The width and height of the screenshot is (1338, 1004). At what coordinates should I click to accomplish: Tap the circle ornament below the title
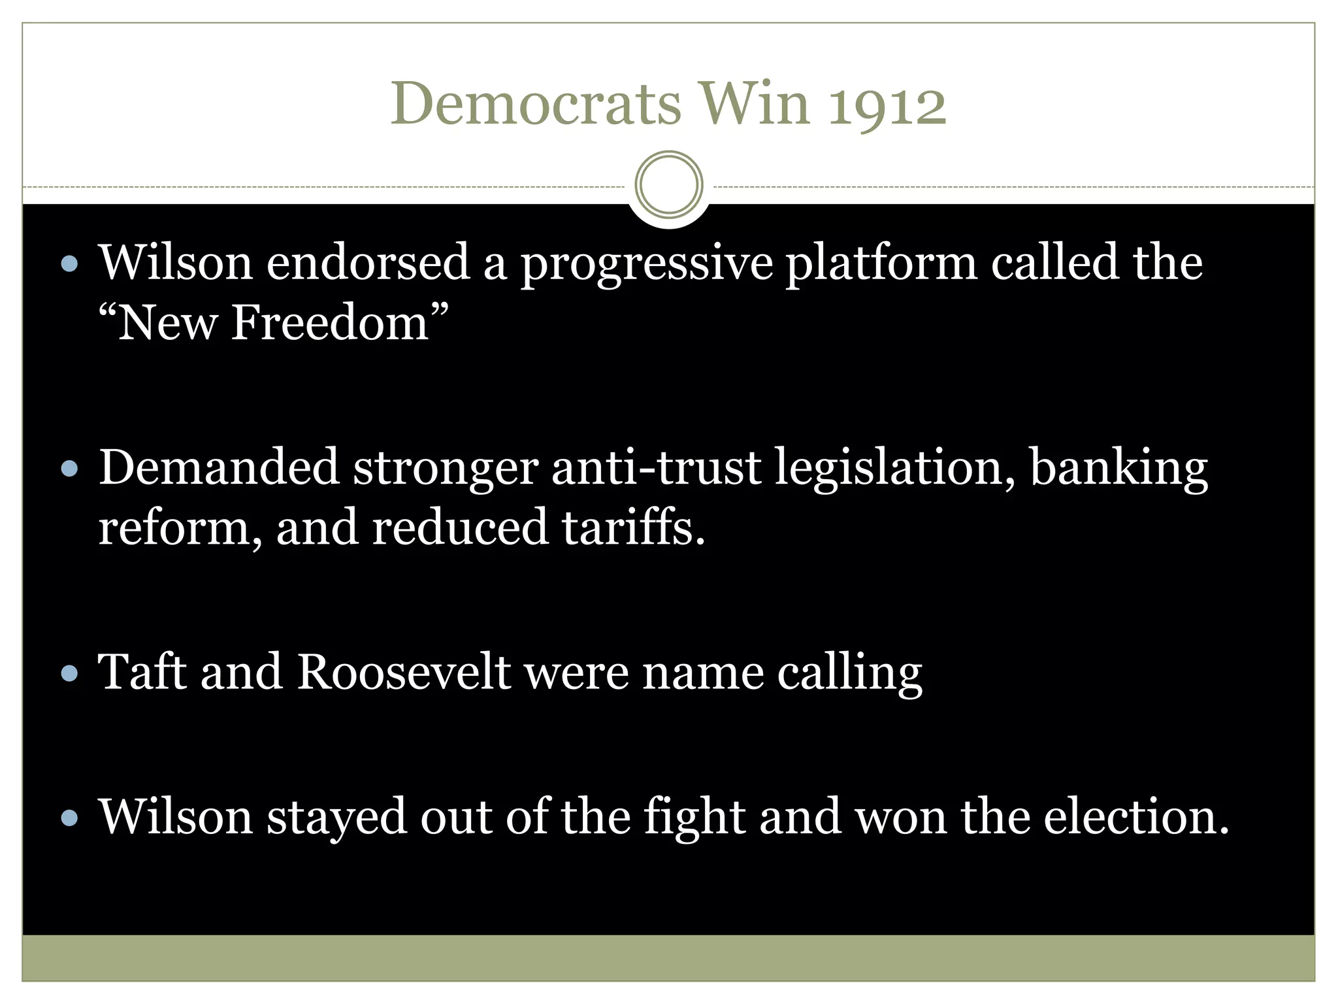click(x=668, y=184)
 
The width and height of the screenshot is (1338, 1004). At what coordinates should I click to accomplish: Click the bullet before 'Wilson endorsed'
click(x=69, y=264)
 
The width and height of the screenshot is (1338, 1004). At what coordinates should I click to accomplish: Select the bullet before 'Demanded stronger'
click(x=69, y=469)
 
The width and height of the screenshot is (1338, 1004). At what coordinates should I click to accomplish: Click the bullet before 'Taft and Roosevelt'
click(x=69, y=673)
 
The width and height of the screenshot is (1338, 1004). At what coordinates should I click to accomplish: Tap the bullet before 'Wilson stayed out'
click(x=69, y=818)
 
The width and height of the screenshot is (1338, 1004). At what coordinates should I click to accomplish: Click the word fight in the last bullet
click(x=694, y=817)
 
